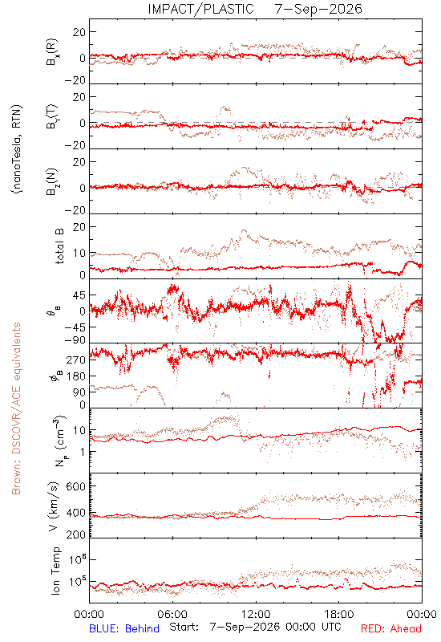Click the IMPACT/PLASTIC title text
pyautogui.click(x=201, y=9)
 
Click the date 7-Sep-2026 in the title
pyautogui.click(x=318, y=9)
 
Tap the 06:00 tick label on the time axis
pyautogui.click(x=172, y=614)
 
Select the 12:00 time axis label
pyautogui.click(x=256, y=614)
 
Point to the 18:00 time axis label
pyautogui.click(x=339, y=614)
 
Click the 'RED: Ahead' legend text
pyautogui.click(x=390, y=628)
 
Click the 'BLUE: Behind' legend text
pyautogui.click(x=124, y=628)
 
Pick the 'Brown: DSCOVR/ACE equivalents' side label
pyautogui.click(x=16, y=408)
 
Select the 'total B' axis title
pyautogui.click(x=59, y=246)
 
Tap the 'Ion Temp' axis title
pyautogui.click(x=56, y=571)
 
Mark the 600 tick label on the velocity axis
pyautogui.click(x=76, y=486)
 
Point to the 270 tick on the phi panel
pyautogui.click(x=76, y=360)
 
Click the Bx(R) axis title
pyautogui.click(x=52, y=52)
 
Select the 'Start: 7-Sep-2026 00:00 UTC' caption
pyautogui.click(x=255, y=627)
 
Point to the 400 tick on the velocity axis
pyautogui.click(x=76, y=513)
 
